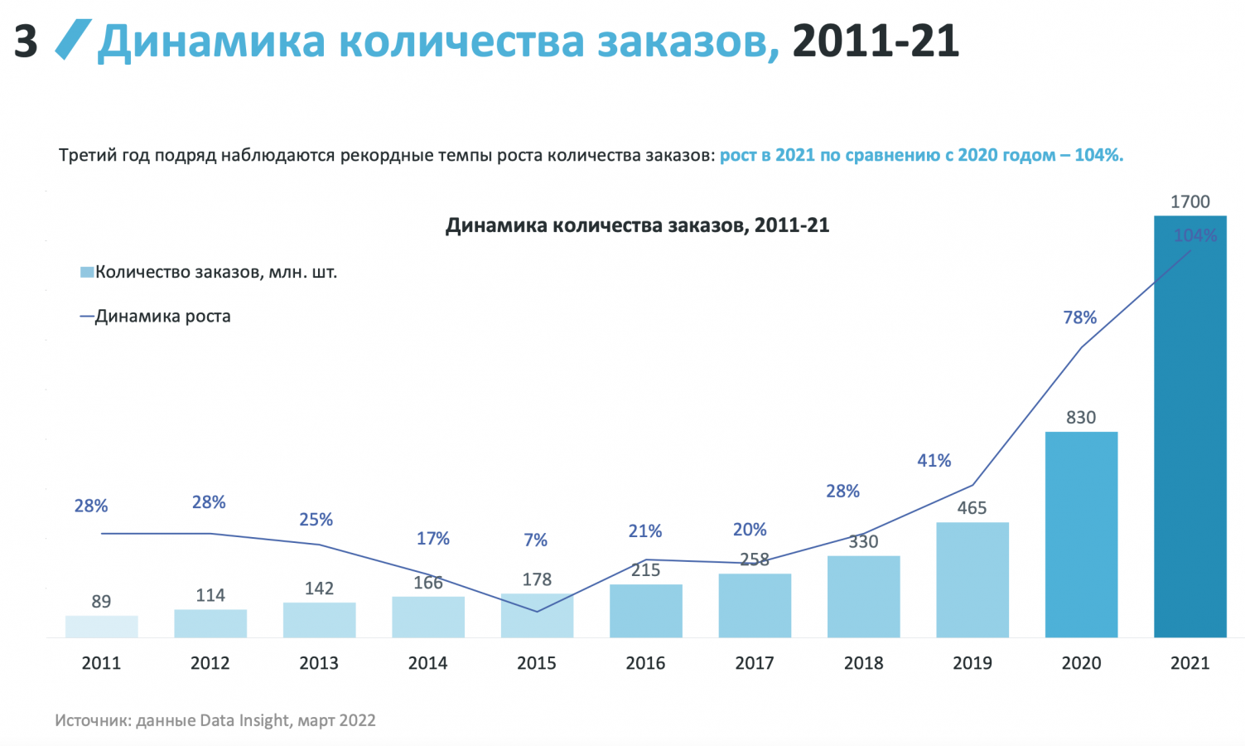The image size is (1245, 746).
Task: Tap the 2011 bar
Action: click(x=101, y=627)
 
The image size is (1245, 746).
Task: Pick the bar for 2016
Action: click(x=645, y=611)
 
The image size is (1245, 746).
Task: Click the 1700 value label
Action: click(x=1190, y=202)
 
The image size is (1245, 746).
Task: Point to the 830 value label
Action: click(x=1081, y=418)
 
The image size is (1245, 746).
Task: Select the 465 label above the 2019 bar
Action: click(x=972, y=508)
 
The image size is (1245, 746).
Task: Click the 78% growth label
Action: click(x=1079, y=317)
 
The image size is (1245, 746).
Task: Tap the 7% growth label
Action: click(x=535, y=540)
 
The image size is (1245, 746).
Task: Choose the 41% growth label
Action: click(x=934, y=461)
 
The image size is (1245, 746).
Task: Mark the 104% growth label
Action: click(x=1194, y=236)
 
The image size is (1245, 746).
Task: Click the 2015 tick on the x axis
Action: click(x=536, y=663)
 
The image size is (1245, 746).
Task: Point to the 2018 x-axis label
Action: click(x=863, y=663)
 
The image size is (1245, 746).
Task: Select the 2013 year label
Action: click(x=319, y=663)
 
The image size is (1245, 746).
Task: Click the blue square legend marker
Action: click(x=86, y=273)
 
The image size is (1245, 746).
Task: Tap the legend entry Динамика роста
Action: click(x=162, y=317)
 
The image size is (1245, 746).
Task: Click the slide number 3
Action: click(x=26, y=41)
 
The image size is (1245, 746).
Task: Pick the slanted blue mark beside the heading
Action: click(x=73, y=40)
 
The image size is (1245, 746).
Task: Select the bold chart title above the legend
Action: click(x=637, y=225)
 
